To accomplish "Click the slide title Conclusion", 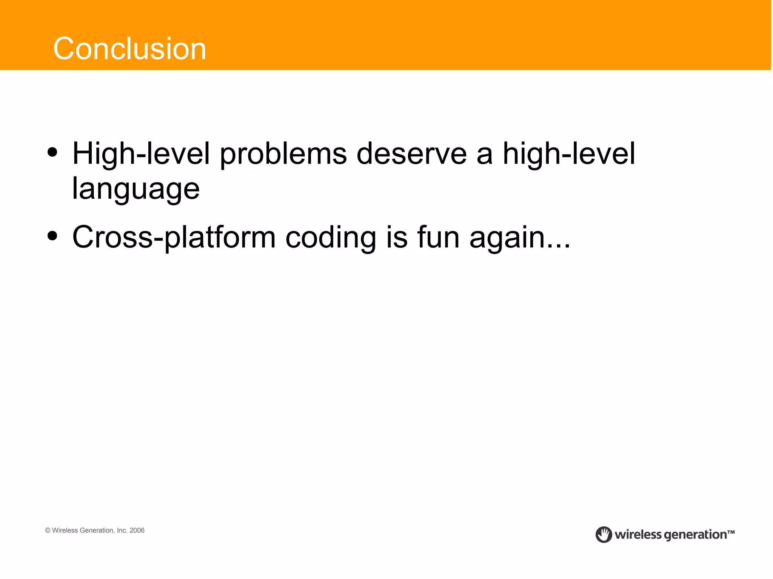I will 129,49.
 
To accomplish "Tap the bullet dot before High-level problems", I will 52,153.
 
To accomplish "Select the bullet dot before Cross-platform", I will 52,236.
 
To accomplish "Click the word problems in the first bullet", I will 283,154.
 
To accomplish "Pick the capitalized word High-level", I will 141,154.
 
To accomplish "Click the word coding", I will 331,238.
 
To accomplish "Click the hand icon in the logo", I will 604,534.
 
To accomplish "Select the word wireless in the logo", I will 638,534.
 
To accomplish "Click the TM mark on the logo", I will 731,532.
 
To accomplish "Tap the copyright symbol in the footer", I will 48,530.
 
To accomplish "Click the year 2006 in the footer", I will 137,530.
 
